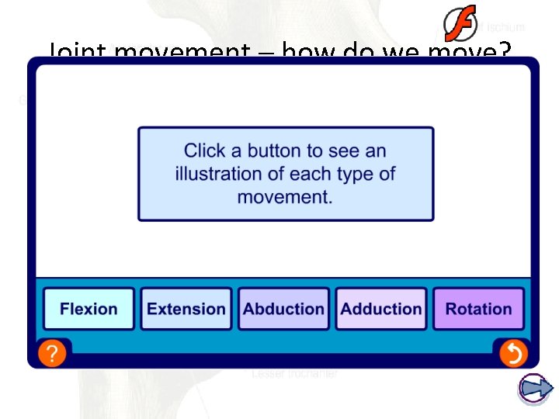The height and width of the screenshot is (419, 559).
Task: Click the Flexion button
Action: tap(89, 309)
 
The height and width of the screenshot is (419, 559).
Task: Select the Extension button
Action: tap(186, 309)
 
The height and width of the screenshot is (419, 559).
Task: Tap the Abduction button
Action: tap(283, 309)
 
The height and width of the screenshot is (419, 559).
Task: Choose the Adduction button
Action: tap(381, 309)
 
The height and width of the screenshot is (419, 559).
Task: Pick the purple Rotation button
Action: tap(478, 309)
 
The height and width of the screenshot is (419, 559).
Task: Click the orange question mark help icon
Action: tap(51, 355)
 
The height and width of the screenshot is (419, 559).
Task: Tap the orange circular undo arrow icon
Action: tap(512, 354)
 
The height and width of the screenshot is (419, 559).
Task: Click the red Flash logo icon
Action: tap(460, 24)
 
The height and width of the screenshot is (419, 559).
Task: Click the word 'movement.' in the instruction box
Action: tap(285, 197)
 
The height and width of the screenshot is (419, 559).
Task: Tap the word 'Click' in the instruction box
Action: tap(206, 151)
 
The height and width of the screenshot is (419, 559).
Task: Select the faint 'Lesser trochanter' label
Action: tap(295, 374)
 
